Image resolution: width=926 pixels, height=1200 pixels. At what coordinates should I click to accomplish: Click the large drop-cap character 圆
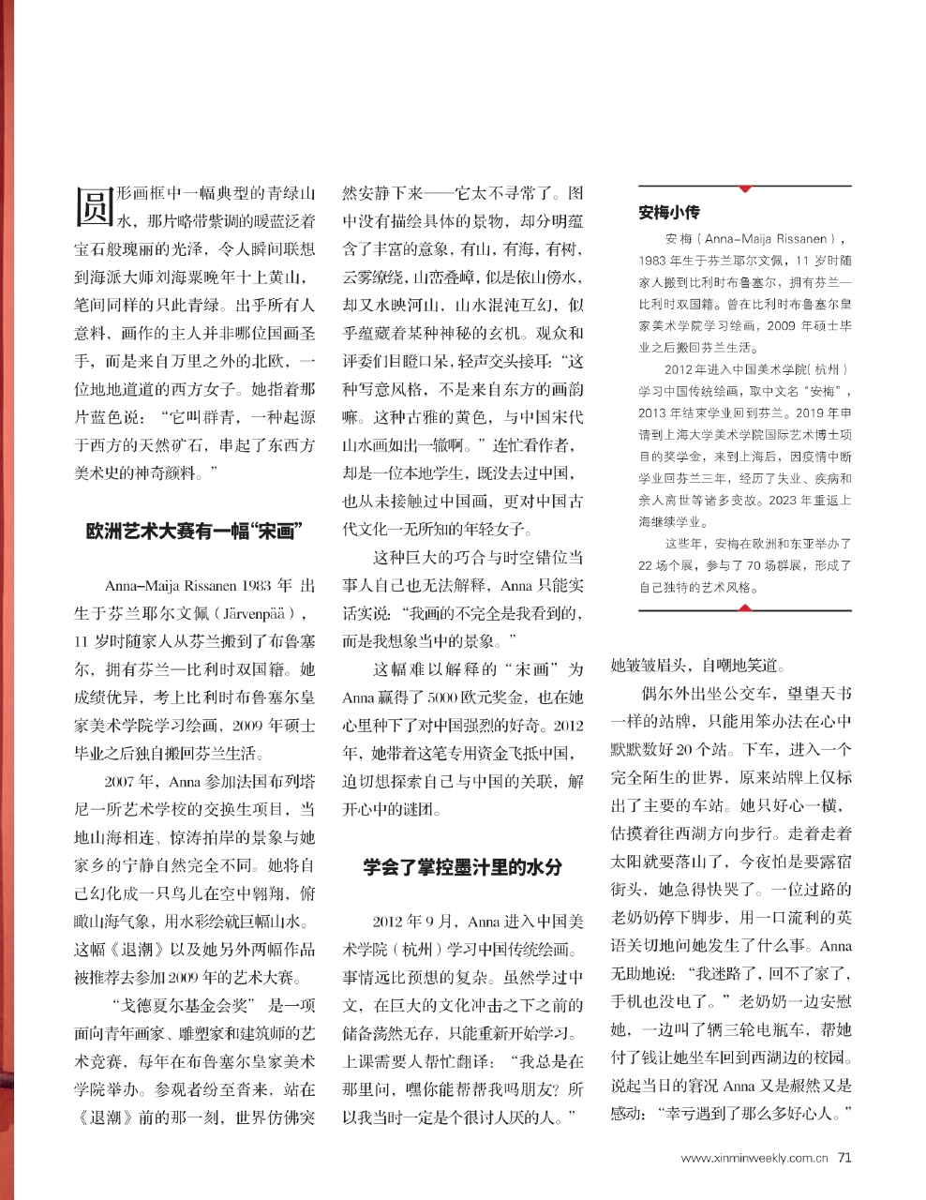coord(93,204)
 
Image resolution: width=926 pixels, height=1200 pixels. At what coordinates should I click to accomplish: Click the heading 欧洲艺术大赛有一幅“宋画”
coord(192,532)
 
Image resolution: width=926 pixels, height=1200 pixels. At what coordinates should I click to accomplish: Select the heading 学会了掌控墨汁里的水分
coord(463,868)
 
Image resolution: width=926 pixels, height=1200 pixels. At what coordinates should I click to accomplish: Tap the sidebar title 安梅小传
coord(669,213)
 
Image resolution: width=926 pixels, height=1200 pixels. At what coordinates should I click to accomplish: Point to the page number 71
coord(844,1157)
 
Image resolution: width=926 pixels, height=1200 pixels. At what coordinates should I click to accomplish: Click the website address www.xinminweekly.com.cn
coord(754,1158)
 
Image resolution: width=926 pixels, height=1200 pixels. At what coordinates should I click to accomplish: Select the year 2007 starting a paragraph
coord(124,781)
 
